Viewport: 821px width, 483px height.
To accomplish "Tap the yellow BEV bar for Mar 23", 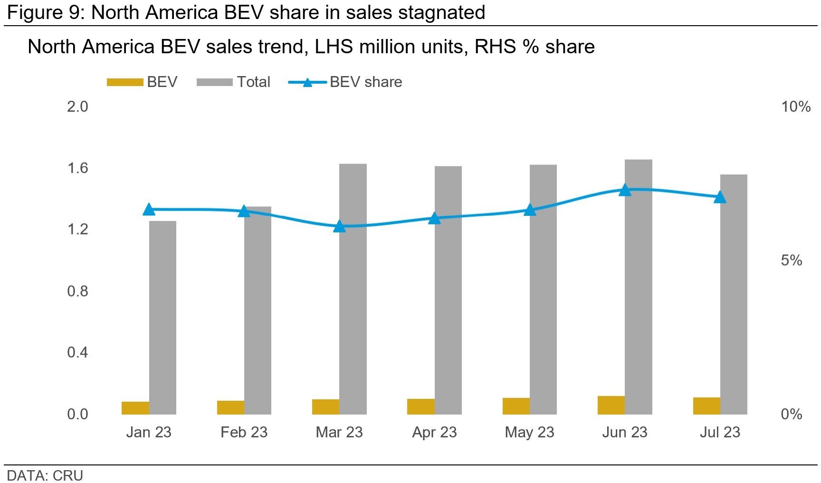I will pos(325,406).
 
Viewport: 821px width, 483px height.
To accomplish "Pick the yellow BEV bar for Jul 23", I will pos(706,406).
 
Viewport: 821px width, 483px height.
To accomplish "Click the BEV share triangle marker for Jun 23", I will pos(625,190).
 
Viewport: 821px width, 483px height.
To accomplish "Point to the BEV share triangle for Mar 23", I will pos(339,226).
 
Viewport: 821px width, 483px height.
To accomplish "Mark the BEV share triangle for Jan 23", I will pos(149,209).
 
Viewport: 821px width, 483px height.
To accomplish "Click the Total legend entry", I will pos(253,82).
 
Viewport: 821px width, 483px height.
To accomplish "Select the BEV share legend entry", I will pos(365,82).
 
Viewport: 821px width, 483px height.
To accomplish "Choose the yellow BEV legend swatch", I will pos(125,82).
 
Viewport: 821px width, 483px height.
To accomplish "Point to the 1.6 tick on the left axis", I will pos(77,168).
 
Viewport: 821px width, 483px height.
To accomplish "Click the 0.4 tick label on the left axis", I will pos(77,352).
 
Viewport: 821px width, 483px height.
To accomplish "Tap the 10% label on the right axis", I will pos(795,106).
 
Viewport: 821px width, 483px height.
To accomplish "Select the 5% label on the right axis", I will pos(791,260).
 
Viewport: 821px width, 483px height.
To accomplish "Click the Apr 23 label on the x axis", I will pos(434,432).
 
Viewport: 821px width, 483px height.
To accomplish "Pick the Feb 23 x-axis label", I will pos(244,432).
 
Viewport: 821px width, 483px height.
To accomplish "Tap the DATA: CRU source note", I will pos(45,475).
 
